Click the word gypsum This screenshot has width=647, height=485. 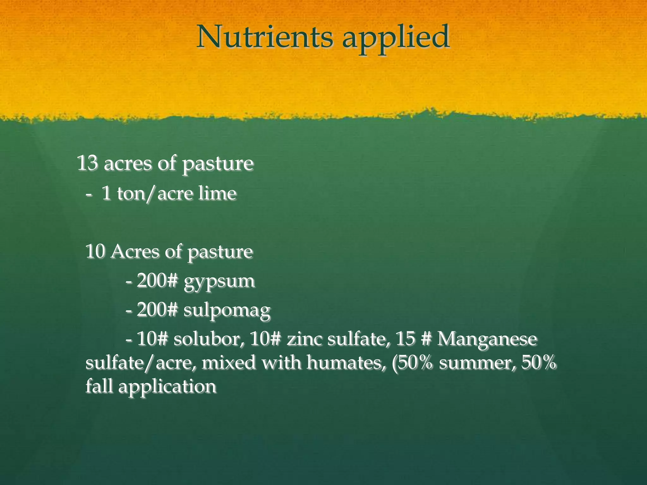[x=219, y=282]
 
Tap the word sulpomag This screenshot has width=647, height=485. [x=227, y=311]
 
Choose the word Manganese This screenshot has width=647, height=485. [x=487, y=339]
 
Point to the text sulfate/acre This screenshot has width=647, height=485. [x=139, y=363]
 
